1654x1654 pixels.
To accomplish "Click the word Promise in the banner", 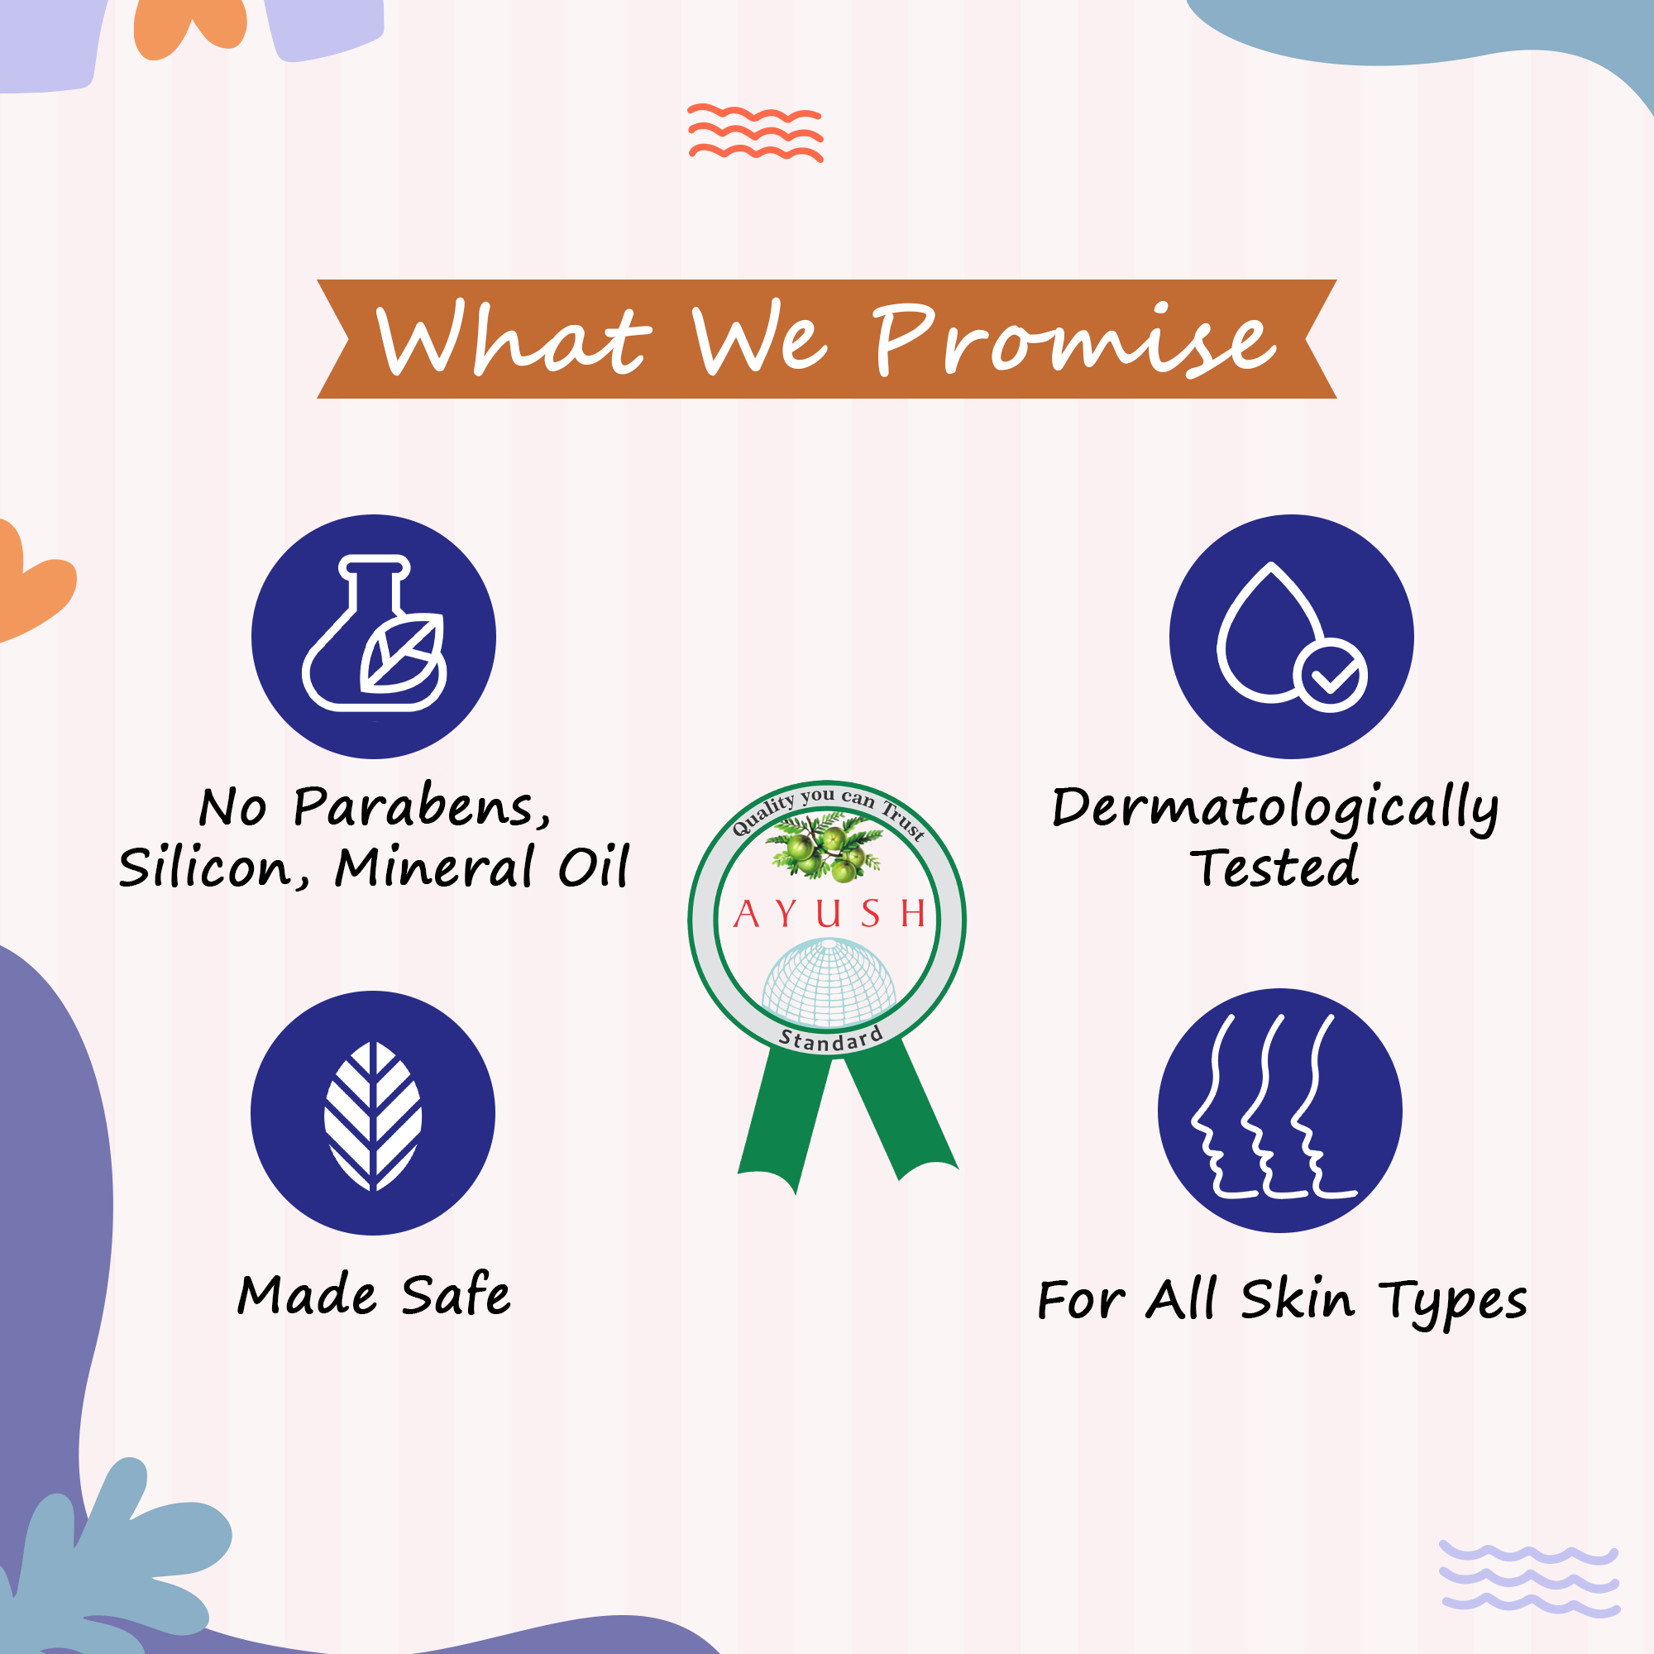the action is coord(1075,340).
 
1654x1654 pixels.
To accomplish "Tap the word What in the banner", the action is coord(514,337).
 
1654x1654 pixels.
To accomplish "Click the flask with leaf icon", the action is coord(374,633).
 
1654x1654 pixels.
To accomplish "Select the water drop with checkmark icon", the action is coord(1292,636).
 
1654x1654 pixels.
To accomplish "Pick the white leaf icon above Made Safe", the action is coord(373,1116).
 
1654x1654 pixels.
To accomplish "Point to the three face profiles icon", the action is coord(1274,1106).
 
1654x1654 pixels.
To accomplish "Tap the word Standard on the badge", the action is coord(829,1040).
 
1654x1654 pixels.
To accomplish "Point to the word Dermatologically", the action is coord(1274,809).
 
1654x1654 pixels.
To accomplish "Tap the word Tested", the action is coord(1274,867).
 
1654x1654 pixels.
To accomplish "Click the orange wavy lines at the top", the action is coord(755,132).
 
